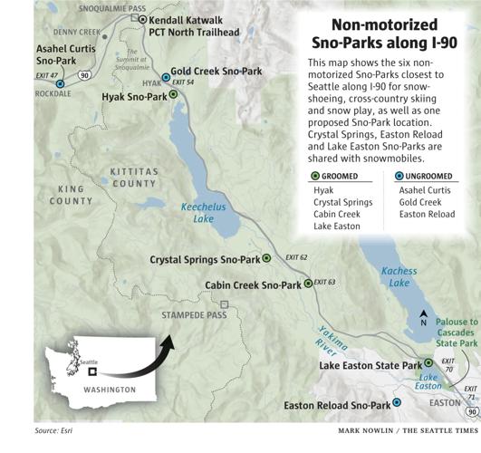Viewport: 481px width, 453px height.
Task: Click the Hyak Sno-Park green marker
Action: point(173,94)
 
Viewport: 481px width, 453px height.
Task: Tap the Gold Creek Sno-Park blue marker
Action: point(165,78)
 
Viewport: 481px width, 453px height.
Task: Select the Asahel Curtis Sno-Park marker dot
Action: point(60,83)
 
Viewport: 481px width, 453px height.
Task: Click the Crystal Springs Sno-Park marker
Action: point(266,258)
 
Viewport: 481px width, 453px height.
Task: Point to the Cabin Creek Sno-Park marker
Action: point(308,284)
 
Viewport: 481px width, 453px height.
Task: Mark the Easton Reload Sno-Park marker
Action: point(397,404)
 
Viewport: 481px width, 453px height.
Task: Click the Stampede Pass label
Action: point(191,315)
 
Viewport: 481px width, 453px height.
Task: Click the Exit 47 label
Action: point(47,75)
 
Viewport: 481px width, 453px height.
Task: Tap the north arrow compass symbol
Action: point(423,320)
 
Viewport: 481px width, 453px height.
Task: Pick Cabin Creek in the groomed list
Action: point(335,215)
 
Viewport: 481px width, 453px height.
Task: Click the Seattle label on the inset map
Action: point(88,361)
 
